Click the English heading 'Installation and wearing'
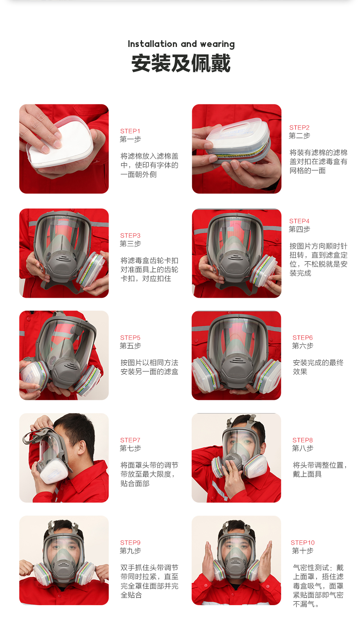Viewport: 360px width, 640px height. coord(181,44)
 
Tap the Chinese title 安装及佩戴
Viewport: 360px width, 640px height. coord(181,63)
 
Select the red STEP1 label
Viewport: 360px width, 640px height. coord(130,131)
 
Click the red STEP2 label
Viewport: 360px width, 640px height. coord(299,128)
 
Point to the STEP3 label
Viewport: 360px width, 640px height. coord(130,236)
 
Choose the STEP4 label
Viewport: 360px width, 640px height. coord(299,221)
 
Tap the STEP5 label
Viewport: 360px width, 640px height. coord(130,338)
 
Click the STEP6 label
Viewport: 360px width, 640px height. coord(302,338)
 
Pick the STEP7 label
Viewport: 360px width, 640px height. coord(130,440)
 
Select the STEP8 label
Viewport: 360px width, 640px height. coord(302,440)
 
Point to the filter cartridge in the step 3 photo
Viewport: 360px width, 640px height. coord(92,269)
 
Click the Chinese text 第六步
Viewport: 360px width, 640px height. coord(302,346)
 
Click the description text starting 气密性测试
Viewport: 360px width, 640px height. coord(318,586)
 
